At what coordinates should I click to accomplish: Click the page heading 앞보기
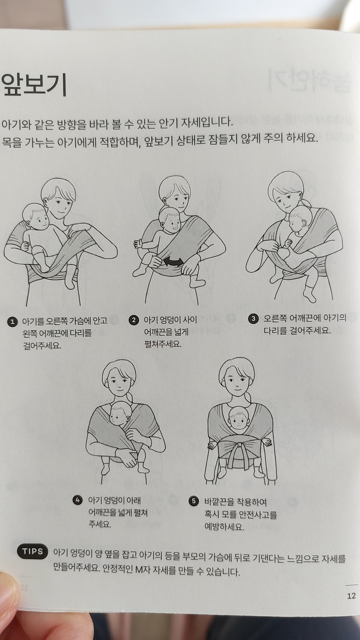[34, 84]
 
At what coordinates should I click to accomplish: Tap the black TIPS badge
[33, 552]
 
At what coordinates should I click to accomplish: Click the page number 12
[351, 596]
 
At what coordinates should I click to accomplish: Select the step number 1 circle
[13, 322]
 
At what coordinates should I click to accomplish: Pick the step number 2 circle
[133, 320]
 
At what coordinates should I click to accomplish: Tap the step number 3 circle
[253, 319]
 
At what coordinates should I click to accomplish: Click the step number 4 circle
[77, 500]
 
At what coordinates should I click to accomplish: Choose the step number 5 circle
[193, 501]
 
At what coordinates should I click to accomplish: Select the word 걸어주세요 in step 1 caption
[42, 346]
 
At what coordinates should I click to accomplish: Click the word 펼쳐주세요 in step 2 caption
[163, 344]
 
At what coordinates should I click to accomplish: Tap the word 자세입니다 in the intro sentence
[207, 123]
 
